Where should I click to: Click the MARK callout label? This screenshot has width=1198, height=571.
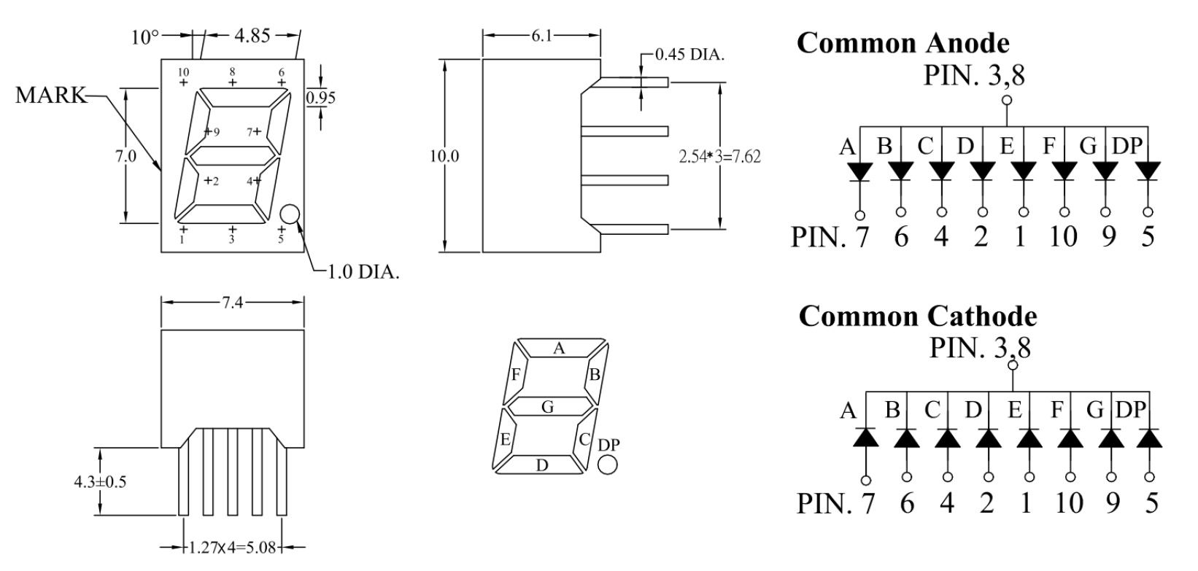(50, 95)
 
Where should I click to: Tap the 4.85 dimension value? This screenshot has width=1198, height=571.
(252, 36)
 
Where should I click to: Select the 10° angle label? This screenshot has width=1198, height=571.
(145, 37)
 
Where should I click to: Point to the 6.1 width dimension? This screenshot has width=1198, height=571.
(541, 36)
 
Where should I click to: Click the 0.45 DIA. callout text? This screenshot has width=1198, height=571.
(690, 55)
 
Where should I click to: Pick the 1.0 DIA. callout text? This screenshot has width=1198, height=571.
(363, 272)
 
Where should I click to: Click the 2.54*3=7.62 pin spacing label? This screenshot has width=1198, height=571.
(719, 157)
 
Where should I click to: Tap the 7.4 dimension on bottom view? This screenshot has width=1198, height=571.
(233, 303)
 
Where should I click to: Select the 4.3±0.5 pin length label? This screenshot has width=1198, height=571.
(100, 482)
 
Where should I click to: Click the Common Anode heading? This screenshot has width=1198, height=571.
(903, 43)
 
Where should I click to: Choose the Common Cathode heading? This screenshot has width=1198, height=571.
(918, 316)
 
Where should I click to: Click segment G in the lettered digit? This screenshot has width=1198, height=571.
(547, 408)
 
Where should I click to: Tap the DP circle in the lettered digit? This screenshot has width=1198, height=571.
(607, 464)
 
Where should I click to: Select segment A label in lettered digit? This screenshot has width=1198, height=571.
(559, 349)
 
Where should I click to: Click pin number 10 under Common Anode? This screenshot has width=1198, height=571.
(1063, 236)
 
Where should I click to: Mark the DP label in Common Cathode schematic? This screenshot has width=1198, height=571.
(1131, 410)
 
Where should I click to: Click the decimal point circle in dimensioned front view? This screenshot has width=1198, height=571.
(290, 214)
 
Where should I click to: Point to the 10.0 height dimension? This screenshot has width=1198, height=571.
(444, 156)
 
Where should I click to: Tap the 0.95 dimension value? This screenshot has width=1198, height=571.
(321, 98)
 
